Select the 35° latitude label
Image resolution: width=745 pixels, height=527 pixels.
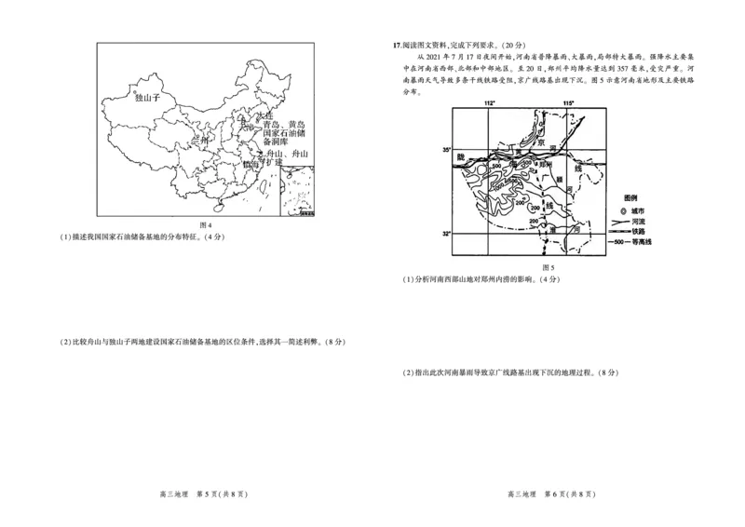(446, 150)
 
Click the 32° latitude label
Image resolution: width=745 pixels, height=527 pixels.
(446, 233)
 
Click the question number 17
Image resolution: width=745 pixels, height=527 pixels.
(398, 44)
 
